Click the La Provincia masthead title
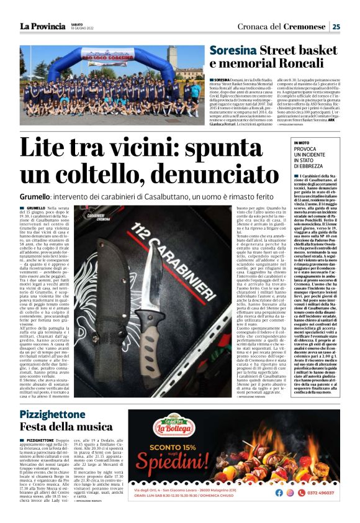(x=41, y=26)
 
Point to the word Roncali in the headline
(x=305, y=64)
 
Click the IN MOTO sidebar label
(x=305, y=143)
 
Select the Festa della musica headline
(x=58, y=427)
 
